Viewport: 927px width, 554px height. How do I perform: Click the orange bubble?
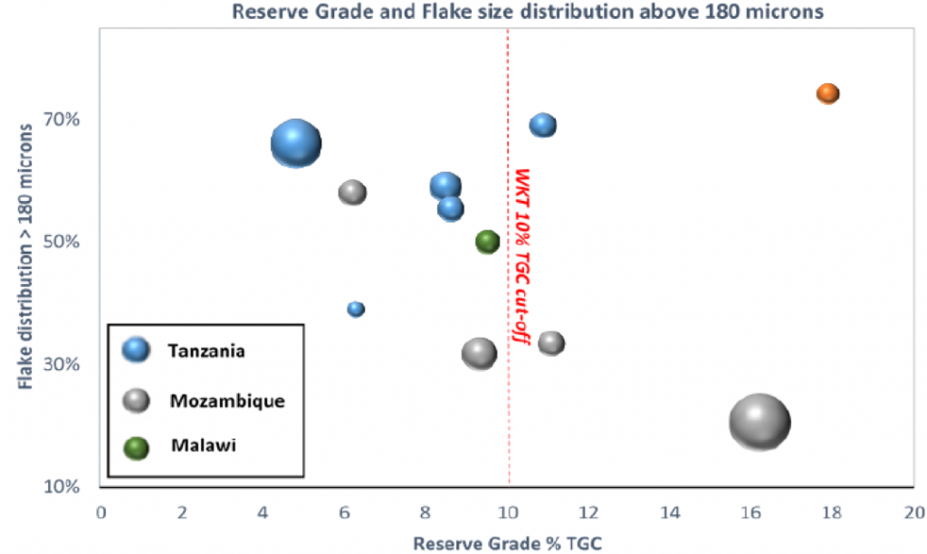(827, 93)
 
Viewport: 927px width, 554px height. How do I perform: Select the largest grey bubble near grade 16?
(760, 422)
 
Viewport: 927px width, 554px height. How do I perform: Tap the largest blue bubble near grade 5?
(296, 144)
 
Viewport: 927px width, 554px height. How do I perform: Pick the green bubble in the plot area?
(488, 242)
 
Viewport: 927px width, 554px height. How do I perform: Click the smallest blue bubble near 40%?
(355, 309)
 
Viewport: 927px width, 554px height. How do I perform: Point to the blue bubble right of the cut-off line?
(543, 125)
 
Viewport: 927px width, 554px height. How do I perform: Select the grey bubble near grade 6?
(352, 193)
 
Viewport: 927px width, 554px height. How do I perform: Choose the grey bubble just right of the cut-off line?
(551, 343)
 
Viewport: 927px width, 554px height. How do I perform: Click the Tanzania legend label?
(206, 351)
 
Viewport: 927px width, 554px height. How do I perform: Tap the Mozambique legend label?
(227, 401)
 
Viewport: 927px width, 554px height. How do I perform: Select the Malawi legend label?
(204, 445)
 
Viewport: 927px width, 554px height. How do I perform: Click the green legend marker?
(136, 448)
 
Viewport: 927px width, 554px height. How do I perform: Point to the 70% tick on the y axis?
(62, 119)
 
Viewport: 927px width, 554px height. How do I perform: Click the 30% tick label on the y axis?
(62, 364)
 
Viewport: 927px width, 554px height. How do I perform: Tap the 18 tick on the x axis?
(832, 512)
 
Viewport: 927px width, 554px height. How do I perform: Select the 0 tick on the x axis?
(101, 512)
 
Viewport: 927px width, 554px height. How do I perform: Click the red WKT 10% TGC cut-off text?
(522, 256)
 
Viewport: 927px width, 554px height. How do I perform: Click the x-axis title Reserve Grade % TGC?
(507, 543)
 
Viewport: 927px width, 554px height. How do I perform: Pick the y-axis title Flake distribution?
(24, 256)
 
